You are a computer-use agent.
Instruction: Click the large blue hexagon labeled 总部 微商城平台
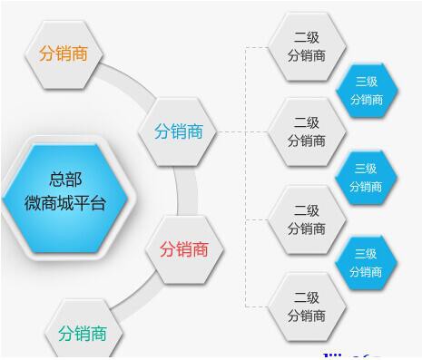tap(64, 192)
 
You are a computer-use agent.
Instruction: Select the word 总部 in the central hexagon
tap(64, 180)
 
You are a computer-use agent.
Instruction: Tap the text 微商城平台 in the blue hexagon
tap(64, 203)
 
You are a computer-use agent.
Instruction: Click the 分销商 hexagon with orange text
tap(64, 53)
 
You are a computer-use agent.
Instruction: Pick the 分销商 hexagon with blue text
tap(179, 132)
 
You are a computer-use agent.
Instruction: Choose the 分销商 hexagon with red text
tap(184, 248)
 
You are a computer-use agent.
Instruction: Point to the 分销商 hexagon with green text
tap(82, 333)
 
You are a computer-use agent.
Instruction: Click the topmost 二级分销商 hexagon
tap(307, 46)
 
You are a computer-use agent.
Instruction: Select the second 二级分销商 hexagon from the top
tap(307, 131)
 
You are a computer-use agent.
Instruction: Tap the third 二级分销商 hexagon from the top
tap(307, 219)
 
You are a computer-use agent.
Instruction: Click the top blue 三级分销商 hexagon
tap(366, 90)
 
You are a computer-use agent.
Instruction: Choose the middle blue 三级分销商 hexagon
tap(366, 177)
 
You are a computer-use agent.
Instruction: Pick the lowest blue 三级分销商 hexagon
tap(366, 262)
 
